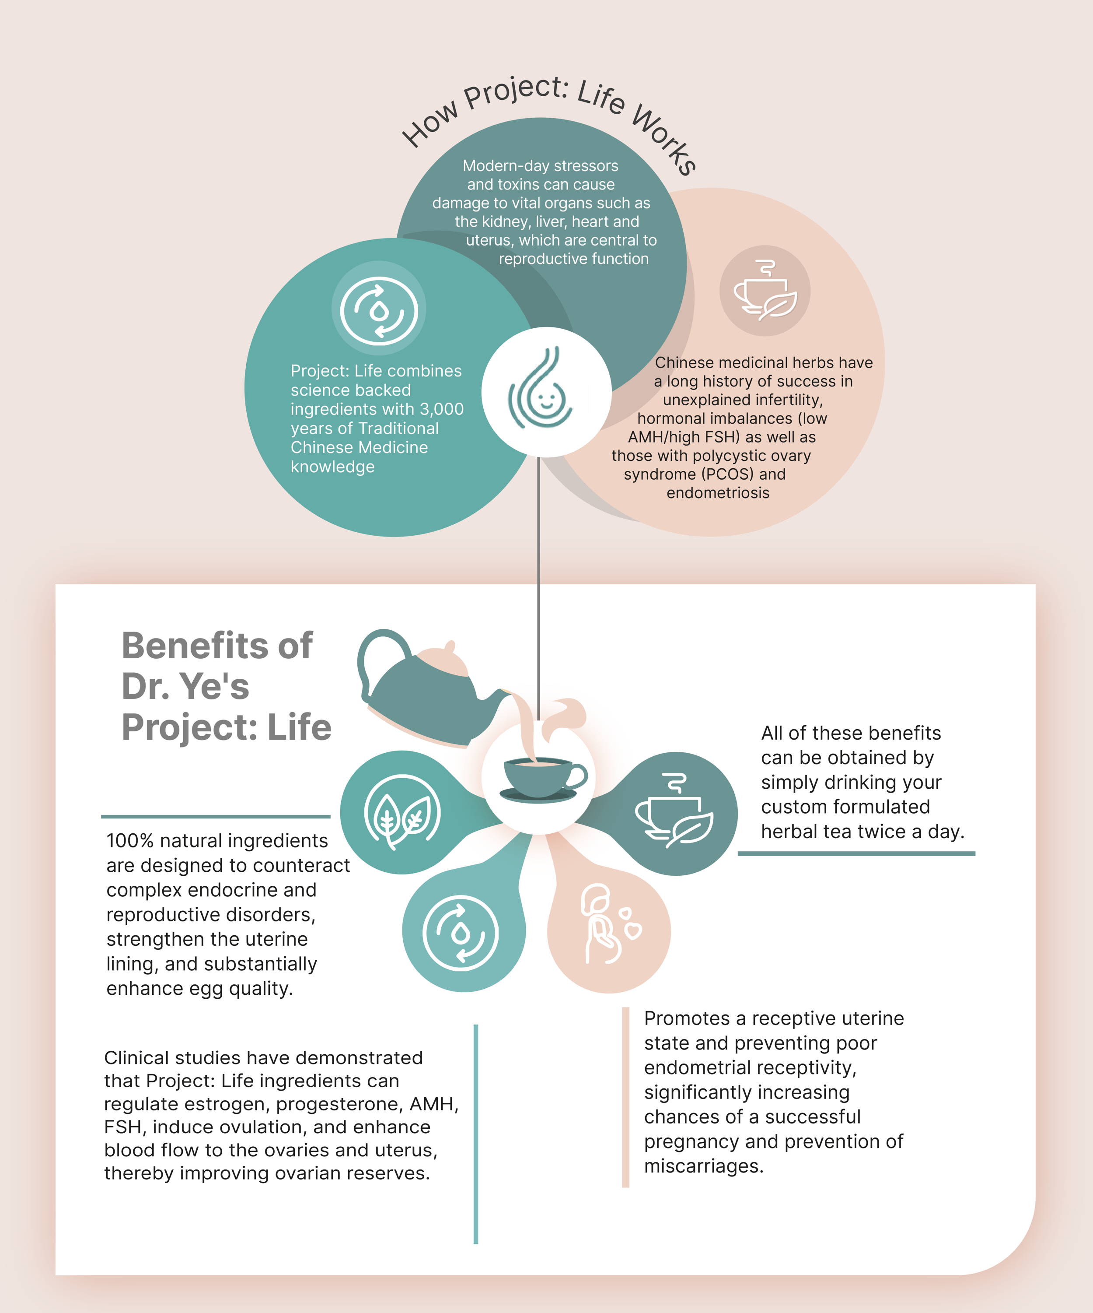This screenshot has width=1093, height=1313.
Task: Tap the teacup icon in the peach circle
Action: coord(765,291)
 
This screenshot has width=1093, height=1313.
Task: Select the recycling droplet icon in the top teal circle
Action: coord(379,311)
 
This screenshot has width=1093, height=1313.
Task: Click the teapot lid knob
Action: coord(450,646)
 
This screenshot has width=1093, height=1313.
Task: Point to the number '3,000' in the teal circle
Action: coord(441,409)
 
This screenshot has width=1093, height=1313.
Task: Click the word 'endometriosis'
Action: coord(718,493)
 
